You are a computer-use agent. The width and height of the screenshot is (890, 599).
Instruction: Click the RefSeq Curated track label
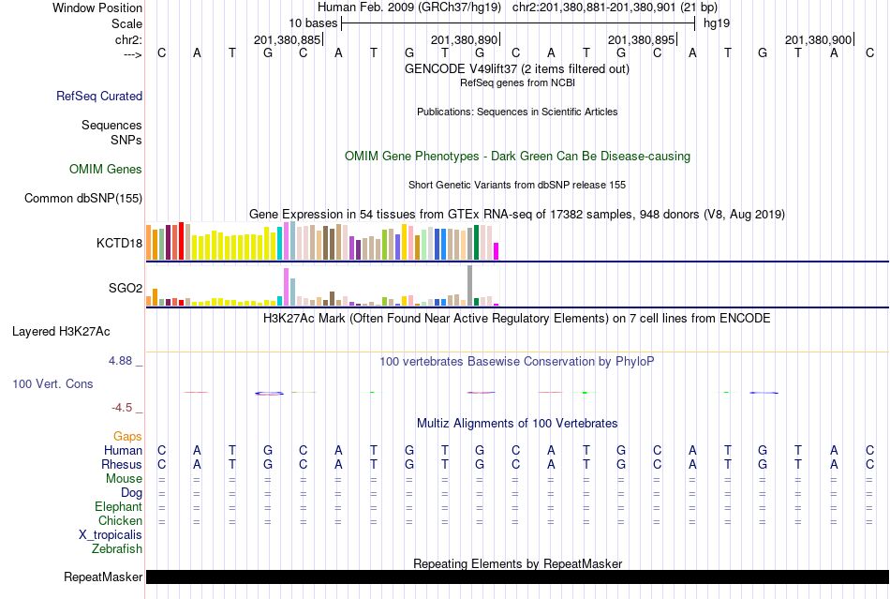[99, 96]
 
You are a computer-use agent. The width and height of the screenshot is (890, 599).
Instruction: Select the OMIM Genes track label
[105, 170]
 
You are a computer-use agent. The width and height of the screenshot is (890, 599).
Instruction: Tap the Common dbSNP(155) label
[83, 198]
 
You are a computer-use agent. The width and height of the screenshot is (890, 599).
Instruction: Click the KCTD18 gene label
[119, 243]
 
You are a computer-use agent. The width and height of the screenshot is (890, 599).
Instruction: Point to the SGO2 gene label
[126, 288]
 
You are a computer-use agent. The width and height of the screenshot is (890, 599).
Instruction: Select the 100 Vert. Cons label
[52, 384]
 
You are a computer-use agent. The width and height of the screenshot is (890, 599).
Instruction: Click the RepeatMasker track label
[103, 577]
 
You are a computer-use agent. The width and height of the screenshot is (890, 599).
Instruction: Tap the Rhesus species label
[122, 465]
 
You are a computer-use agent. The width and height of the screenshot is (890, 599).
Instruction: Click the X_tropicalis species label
[111, 534]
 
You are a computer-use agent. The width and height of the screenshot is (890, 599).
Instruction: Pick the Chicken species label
[120, 520]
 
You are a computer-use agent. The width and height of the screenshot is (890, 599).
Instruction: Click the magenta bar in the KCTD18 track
[497, 251]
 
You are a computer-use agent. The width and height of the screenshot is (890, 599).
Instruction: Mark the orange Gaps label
[127, 437]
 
